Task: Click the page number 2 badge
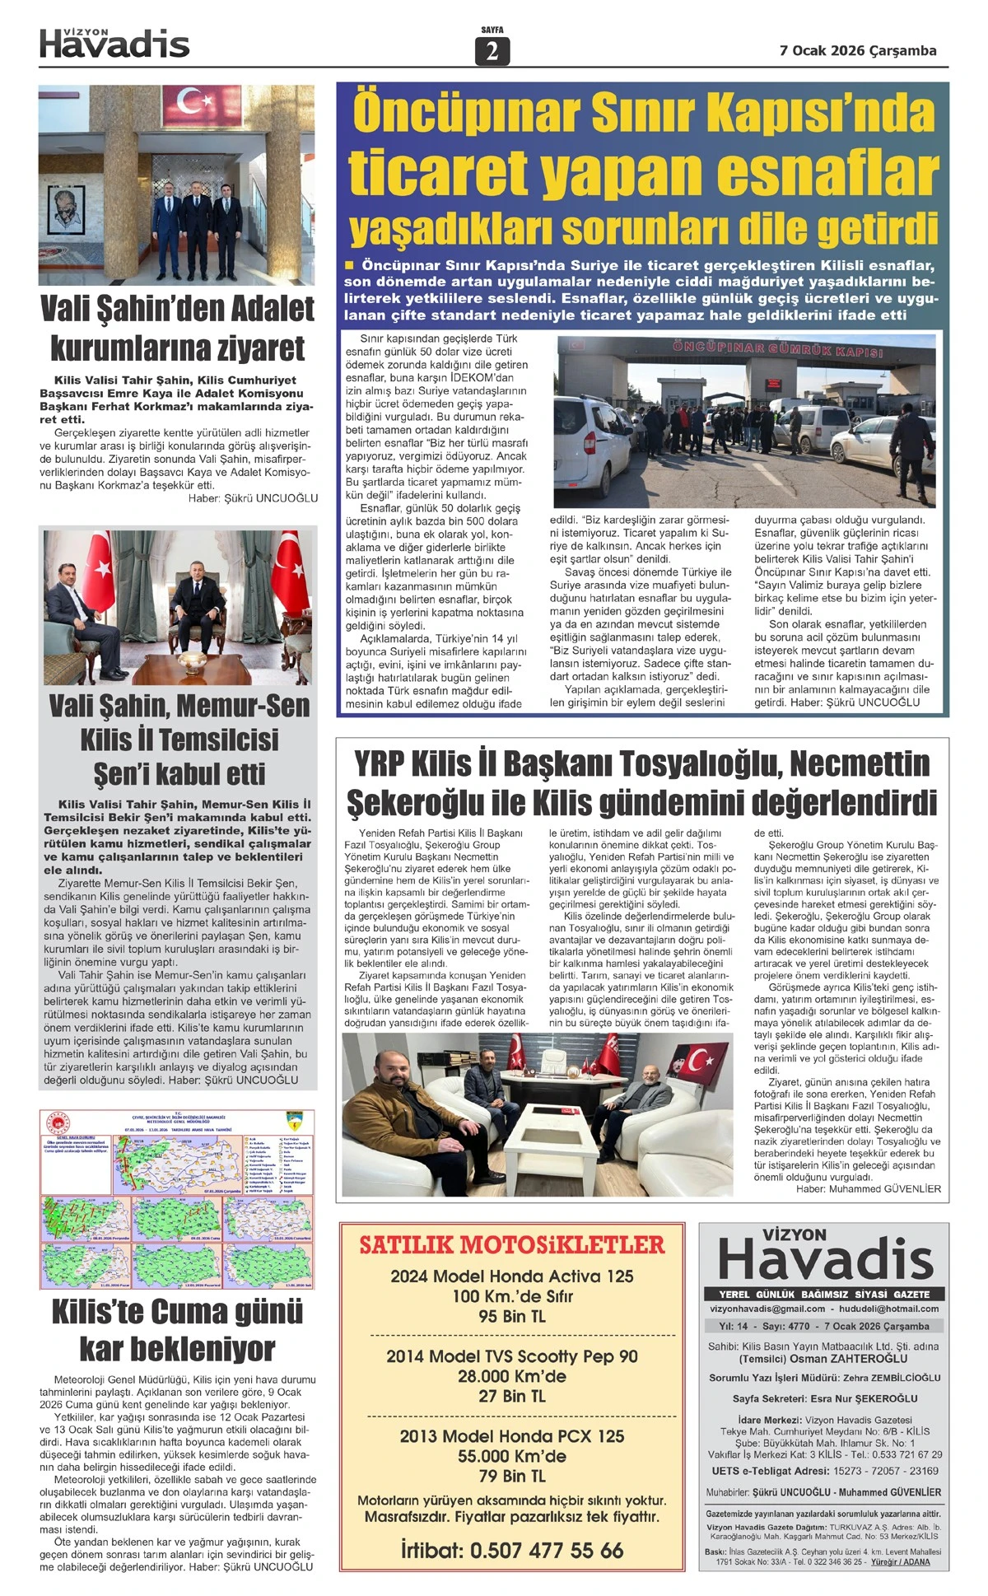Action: click(x=492, y=51)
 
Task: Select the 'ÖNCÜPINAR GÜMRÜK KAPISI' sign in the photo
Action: click(x=777, y=348)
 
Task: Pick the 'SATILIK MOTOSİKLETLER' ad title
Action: click(x=511, y=1244)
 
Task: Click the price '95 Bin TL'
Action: click(x=511, y=1316)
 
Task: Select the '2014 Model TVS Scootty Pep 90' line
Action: click(x=511, y=1356)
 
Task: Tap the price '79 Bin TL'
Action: click(x=511, y=1476)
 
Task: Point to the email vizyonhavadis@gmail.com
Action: click(x=767, y=1309)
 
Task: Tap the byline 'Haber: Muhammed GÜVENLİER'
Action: click(x=868, y=1188)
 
